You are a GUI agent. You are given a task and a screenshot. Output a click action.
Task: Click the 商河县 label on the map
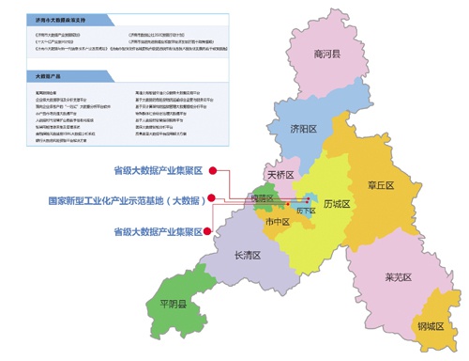pyautogui.click(x=327, y=55)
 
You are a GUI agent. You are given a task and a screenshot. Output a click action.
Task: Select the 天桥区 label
pyautogui.click(x=280, y=175)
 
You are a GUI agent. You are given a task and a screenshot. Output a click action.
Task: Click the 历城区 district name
pyautogui.click(x=335, y=204)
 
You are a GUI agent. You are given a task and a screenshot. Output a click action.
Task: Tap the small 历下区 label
pyautogui.click(x=306, y=212)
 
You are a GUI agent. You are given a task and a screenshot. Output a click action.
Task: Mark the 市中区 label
pyautogui.click(x=277, y=222)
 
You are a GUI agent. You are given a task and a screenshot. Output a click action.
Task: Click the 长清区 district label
pyautogui.click(x=248, y=256)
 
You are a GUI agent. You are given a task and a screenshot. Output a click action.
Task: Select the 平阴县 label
pyautogui.click(x=174, y=305)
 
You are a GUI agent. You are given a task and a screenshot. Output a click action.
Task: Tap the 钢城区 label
pyautogui.click(x=431, y=326)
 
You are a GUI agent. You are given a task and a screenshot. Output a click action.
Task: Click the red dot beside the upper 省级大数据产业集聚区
pyautogui.click(x=213, y=170)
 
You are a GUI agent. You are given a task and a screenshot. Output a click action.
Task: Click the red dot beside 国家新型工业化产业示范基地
pyautogui.click(x=213, y=199)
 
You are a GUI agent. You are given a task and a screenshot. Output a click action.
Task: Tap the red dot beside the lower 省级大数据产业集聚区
pyautogui.click(x=213, y=229)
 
